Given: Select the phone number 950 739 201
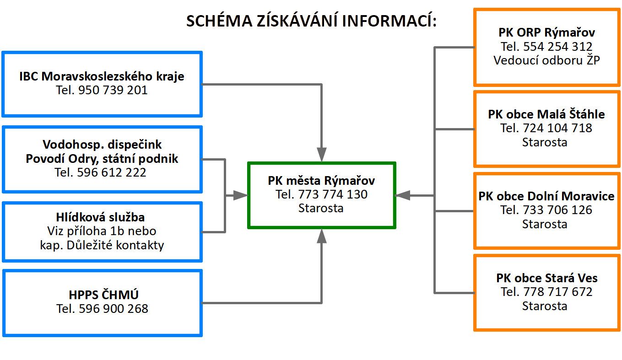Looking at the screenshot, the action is click(x=113, y=90).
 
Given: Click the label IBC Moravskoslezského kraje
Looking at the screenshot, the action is click(x=102, y=76).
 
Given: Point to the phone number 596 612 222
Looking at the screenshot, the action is click(x=111, y=172).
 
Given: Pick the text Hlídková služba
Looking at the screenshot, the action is click(x=100, y=217).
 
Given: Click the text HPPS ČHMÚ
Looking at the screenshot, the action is click(x=103, y=295).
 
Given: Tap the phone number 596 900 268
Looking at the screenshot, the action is click(x=114, y=309).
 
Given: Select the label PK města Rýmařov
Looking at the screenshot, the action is click(x=321, y=181).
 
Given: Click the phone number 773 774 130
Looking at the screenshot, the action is click(x=333, y=194).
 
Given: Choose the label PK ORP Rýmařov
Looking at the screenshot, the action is click(x=547, y=32).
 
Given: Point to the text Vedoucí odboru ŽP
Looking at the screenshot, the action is click(x=546, y=60).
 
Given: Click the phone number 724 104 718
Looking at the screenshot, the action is click(x=557, y=128).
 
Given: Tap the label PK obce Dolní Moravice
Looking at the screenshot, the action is click(x=546, y=196).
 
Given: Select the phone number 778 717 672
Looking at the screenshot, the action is click(x=558, y=292).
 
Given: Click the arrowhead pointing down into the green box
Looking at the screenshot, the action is click(x=322, y=155).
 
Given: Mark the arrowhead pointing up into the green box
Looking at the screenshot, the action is click(x=322, y=236).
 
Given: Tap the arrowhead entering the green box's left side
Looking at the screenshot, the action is click(x=240, y=195).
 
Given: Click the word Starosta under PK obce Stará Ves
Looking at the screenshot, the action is click(x=545, y=306).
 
